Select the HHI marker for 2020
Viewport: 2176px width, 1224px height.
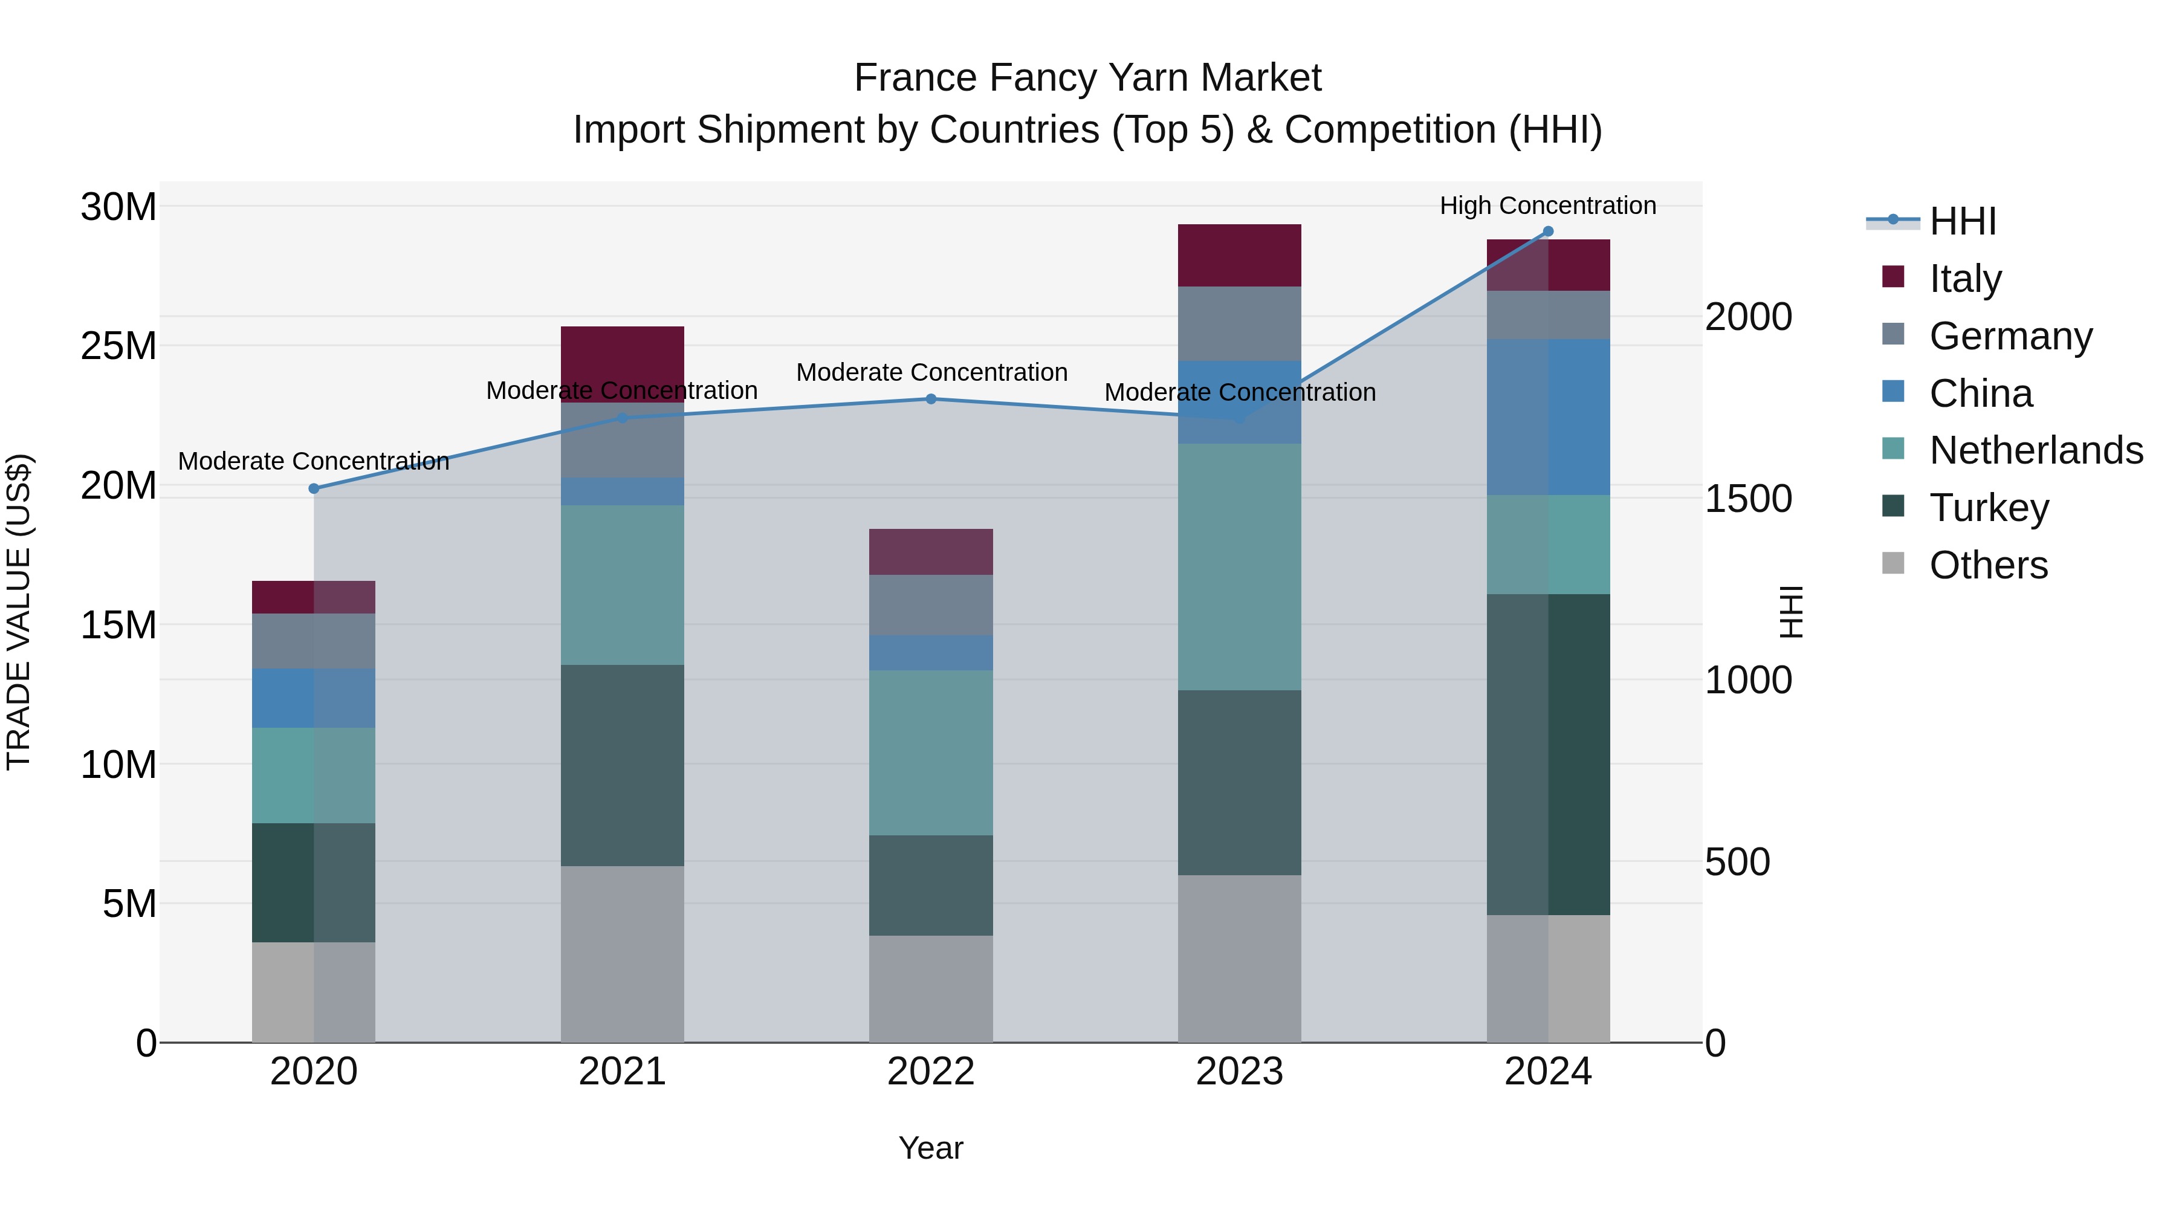(x=314, y=488)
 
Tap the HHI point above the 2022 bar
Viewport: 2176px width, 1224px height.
(x=931, y=399)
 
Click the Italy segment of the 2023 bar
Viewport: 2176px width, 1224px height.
(x=1239, y=255)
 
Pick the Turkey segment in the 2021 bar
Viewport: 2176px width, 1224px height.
(x=623, y=765)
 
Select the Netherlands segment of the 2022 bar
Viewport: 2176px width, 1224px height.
(x=931, y=752)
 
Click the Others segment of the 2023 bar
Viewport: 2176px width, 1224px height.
(x=1239, y=958)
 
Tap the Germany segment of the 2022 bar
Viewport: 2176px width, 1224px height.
(x=931, y=605)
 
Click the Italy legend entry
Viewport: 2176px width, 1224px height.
(x=1965, y=279)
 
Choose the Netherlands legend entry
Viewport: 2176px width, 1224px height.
(x=2036, y=450)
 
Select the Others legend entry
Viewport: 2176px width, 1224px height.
(x=1989, y=565)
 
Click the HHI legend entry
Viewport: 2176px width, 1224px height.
(x=1962, y=221)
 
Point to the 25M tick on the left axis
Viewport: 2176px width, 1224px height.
(x=118, y=346)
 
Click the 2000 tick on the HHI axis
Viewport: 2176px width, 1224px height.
(x=1747, y=317)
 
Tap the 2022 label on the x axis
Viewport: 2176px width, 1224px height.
(x=931, y=1072)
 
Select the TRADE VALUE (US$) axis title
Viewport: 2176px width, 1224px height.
(x=19, y=612)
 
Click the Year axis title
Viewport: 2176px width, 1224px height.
(x=931, y=1148)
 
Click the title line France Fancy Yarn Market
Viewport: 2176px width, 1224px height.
(x=1087, y=78)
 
